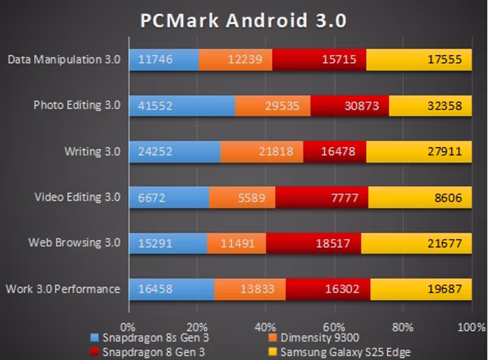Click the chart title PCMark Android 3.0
click(243, 21)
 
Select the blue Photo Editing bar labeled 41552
click(182, 106)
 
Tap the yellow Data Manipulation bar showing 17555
click(418, 60)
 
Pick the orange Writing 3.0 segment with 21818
click(262, 151)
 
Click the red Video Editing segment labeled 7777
click(321, 198)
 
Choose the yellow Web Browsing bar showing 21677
click(416, 243)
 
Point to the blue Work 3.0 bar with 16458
click(171, 289)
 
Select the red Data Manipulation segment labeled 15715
click(319, 60)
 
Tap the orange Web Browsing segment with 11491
click(237, 243)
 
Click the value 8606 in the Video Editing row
click(450, 198)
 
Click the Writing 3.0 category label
click(93, 151)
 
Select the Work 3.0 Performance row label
click(63, 289)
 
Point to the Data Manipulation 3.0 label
click(64, 60)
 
